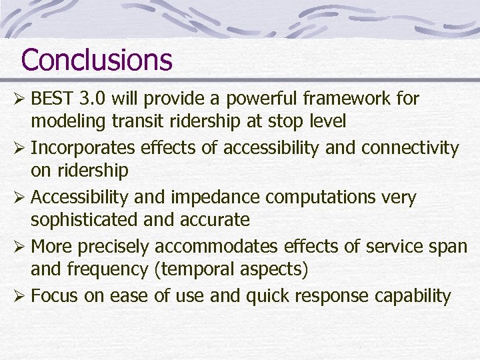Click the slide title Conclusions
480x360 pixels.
97,59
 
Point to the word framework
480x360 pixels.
351,99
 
